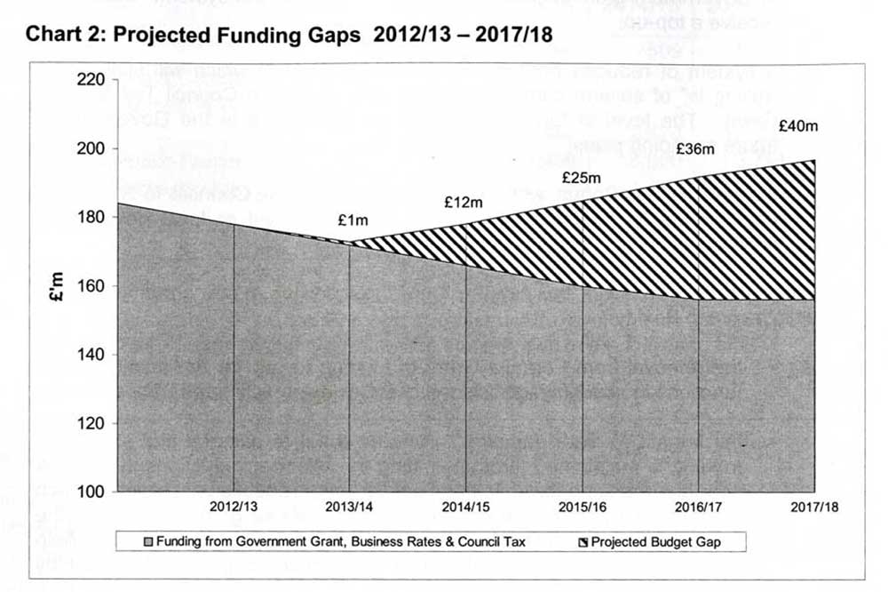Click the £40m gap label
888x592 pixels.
[x=797, y=126]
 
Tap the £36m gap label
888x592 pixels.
[x=695, y=149]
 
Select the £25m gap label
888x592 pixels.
[x=582, y=179]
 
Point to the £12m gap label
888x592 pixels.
[x=464, y=203]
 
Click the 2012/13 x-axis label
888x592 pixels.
[x=234, y=507]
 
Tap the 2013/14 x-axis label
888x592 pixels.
[x=350, y=507]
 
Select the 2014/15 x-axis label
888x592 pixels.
[x=466, y=507]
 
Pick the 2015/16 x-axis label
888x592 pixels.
[x=583, y=507]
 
